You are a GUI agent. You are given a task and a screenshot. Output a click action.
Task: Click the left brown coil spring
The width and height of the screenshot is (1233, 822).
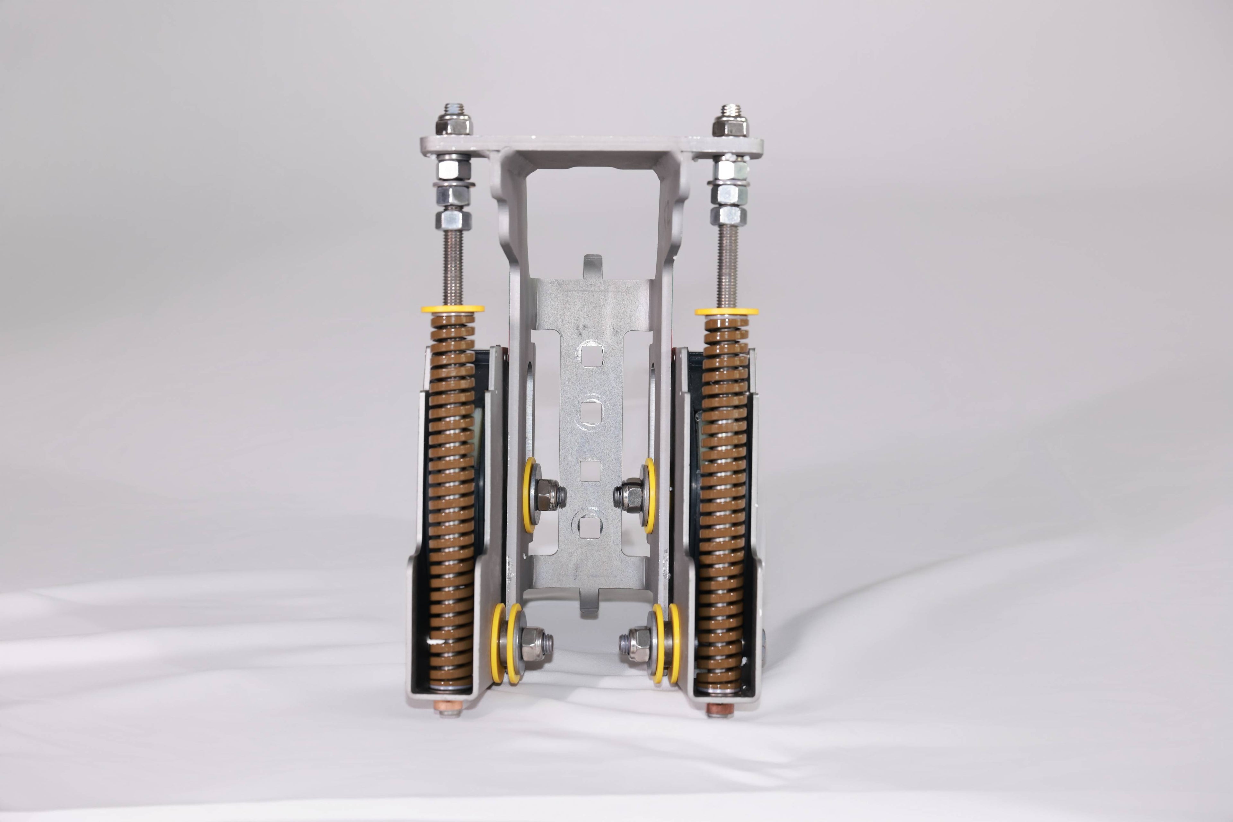[451, 503]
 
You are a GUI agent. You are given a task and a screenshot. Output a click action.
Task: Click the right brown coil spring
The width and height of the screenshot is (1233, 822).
[726, 503]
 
